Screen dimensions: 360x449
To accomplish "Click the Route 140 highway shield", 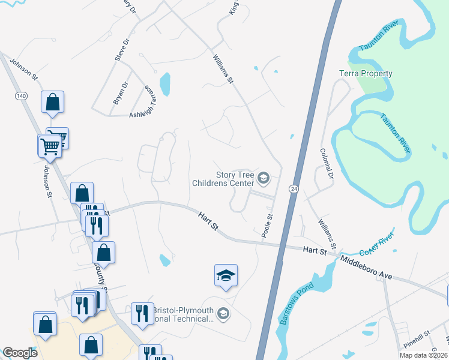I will coord(22,96).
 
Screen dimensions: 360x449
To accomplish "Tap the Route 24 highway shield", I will coord(294,188).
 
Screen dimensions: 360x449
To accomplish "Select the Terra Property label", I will coord(366,74).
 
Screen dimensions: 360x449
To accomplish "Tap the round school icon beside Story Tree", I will coord(263,178).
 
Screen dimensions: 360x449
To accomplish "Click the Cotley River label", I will coord(376,243).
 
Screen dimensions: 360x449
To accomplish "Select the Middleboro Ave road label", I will coord(366,268).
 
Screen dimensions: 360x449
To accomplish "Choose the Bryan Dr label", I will coord(120,94).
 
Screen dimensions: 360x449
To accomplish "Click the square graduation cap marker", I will coord(226,275).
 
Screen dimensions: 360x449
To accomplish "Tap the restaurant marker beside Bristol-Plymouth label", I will coord(142,314).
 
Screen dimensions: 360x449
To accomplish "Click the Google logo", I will coord(20,353).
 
